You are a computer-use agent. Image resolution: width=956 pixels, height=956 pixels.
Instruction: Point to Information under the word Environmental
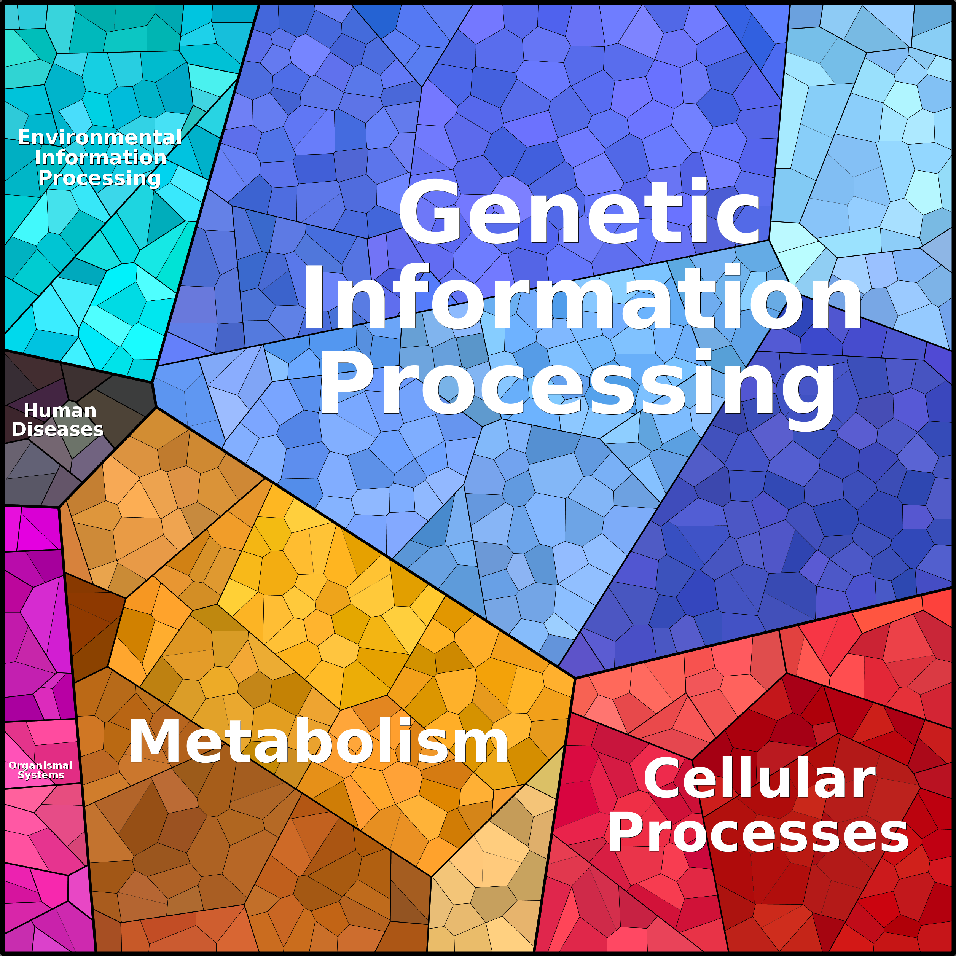click(x=100, y=157)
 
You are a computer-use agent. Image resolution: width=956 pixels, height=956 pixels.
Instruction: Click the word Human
click(x=60, y=411)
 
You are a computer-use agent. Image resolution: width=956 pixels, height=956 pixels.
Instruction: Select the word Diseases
click(x=57, y=429)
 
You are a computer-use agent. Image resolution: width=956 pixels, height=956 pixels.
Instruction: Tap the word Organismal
click(x=41, y=765)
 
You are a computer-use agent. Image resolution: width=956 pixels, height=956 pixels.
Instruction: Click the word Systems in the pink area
click(x=41, y=775)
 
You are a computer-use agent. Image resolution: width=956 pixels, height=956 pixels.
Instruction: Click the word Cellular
click(x=760, y=779)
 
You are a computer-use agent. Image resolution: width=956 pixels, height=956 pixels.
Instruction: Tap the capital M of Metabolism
click(x=152, y=741)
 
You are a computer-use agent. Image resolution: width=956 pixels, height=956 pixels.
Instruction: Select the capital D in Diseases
click(x=19, y=429)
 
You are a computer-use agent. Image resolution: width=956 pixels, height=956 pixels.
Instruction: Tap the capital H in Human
click(x=31, y=411)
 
